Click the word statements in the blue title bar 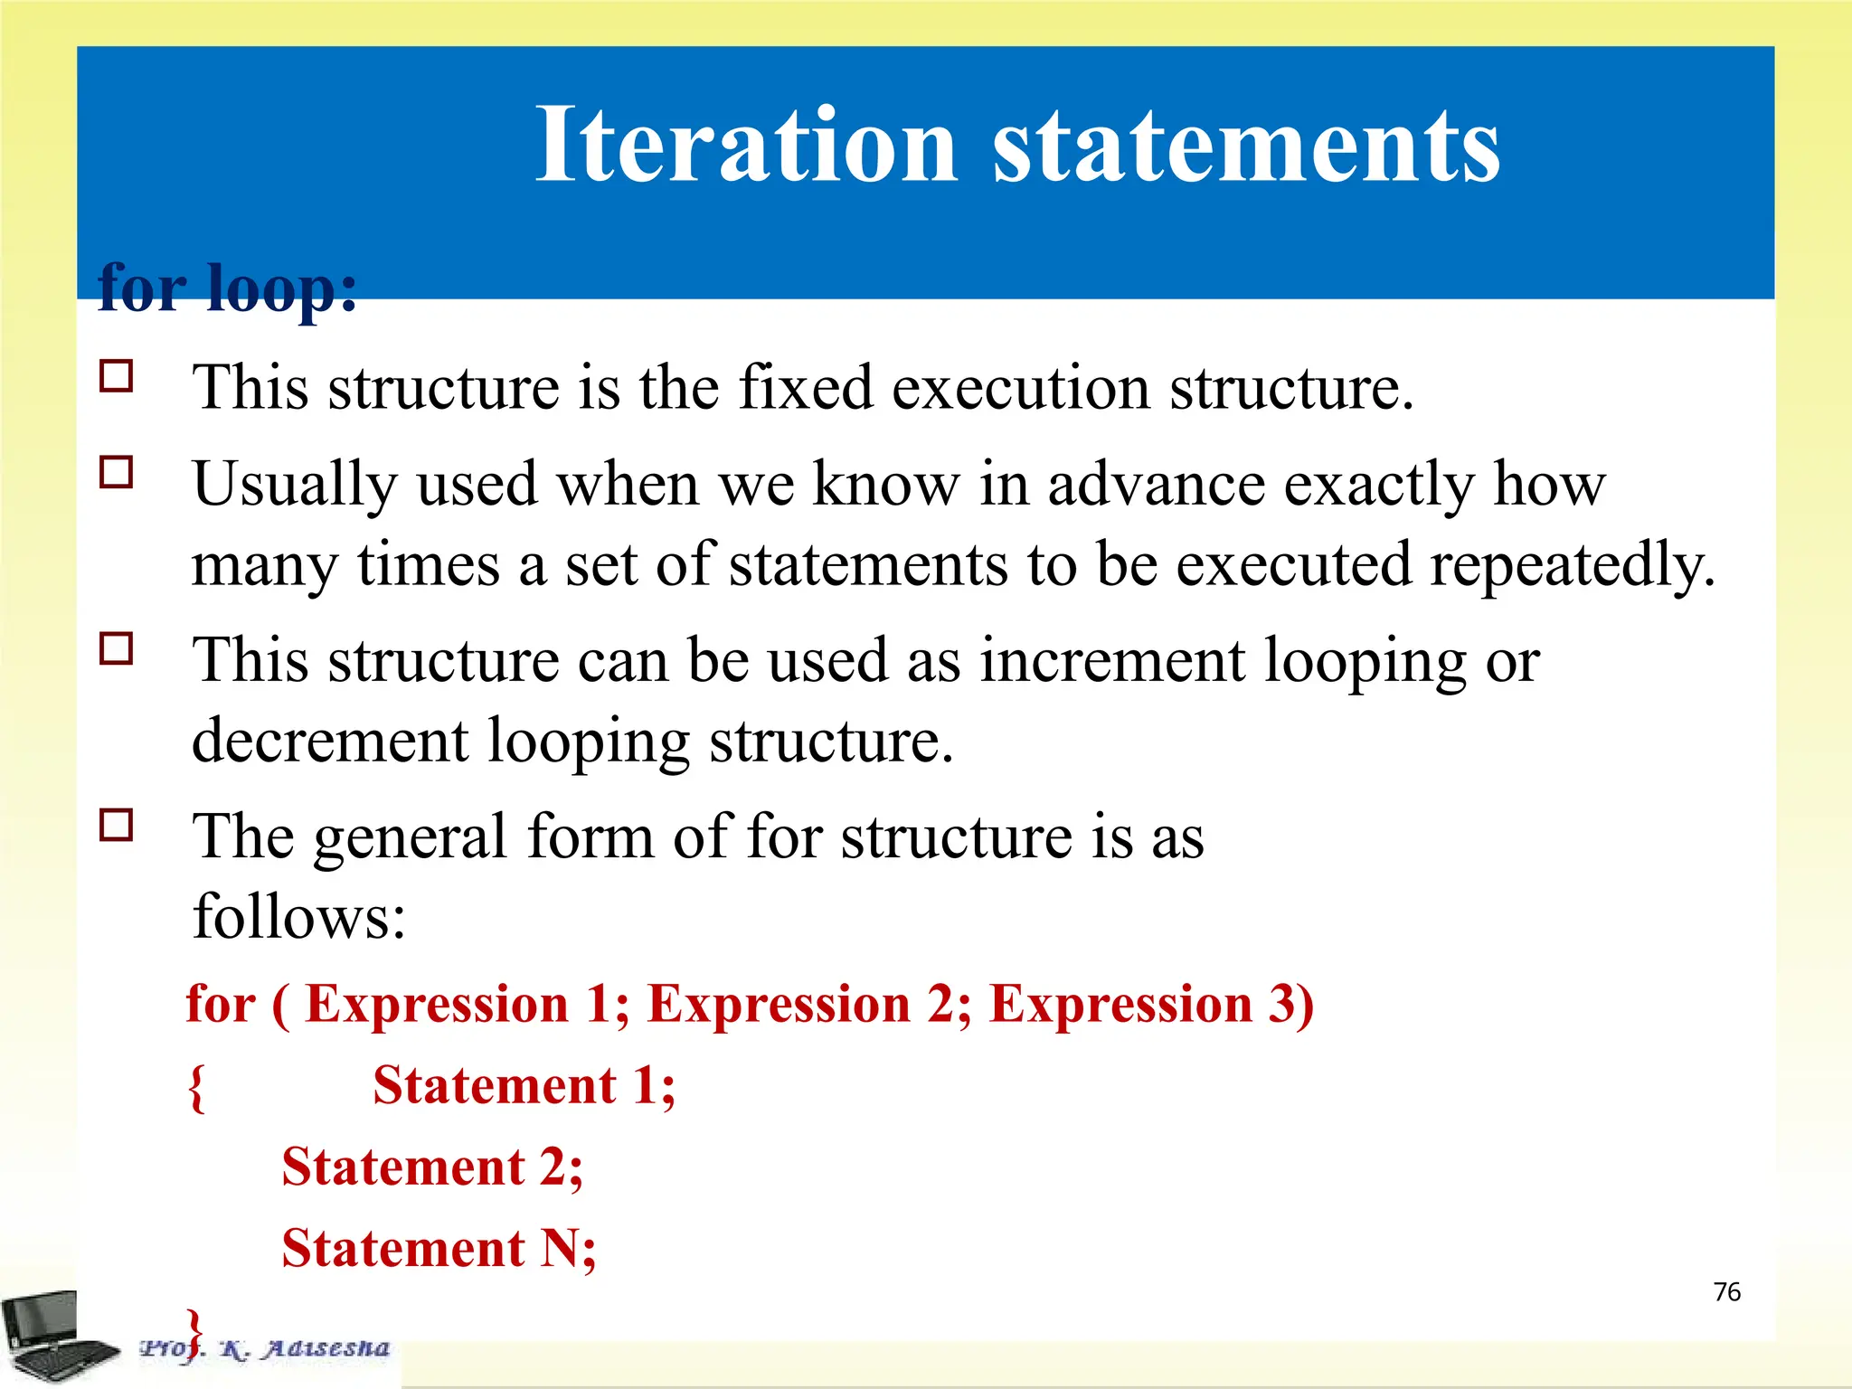coord(1246,145)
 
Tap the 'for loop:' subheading coord(227,288)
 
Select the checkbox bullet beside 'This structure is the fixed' coord(117,375)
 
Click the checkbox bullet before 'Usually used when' coord(117,472)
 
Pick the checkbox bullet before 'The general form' coord(117,825)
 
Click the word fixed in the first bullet coord(807,387)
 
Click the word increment coord(1112,660)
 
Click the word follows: coord(299,917)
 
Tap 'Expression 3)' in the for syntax coord(1151,1004)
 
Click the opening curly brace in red coord(196,1087)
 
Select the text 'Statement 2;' coord(432,1167)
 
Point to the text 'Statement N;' coord(439,1249)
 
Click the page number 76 coord(1726,1291)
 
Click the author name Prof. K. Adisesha coord(265,1348)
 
